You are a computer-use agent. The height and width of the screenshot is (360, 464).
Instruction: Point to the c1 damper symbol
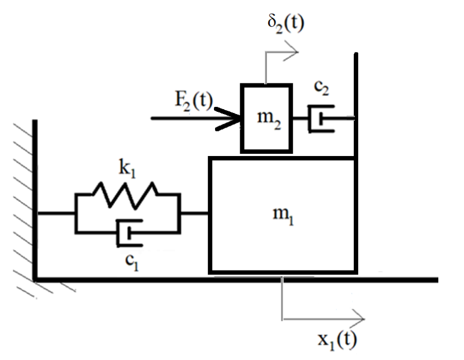pyautogui.click(x=129, y=233)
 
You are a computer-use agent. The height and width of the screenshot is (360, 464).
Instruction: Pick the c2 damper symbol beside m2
pyautogui.click(x=320, y=118)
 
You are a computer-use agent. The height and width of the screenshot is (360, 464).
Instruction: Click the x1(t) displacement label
pyautogui.click(x=337, y=339)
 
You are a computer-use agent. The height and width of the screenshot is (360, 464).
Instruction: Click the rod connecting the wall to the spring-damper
pyautogui.click(x=55, y=213)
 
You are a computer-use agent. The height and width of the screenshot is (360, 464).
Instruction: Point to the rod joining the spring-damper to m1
pyautogui.click(x=194, y=213)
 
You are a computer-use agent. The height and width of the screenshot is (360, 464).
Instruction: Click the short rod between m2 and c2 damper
pyautogui.click(x=300, y=118)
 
